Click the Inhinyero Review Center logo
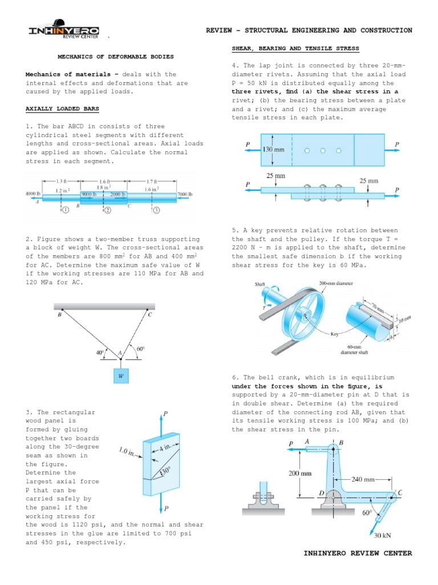64,31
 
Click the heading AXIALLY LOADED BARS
62,109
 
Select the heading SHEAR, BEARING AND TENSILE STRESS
295,49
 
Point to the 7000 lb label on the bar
185,194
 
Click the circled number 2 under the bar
106,210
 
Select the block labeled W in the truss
120,376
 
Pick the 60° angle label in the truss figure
140,348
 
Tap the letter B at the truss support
59,314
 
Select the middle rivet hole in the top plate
323,151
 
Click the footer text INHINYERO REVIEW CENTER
358,553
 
